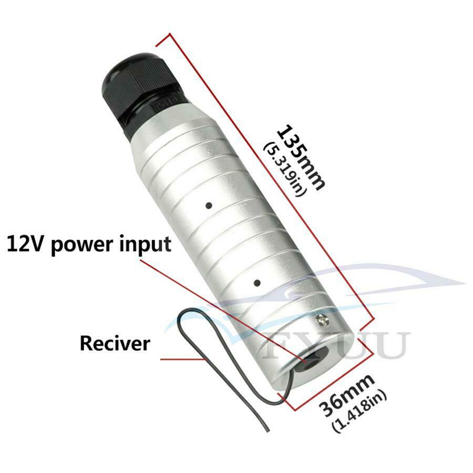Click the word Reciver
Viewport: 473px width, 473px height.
tap(115, 343)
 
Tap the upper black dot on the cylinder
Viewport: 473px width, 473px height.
tap(209, 205)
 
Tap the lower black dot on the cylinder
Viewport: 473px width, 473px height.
tap(257, 283)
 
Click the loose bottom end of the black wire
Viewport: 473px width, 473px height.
tap(268, 431)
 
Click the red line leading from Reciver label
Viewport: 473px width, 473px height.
tap(182, 359)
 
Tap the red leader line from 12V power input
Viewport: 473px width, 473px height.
tap(223, 310)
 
